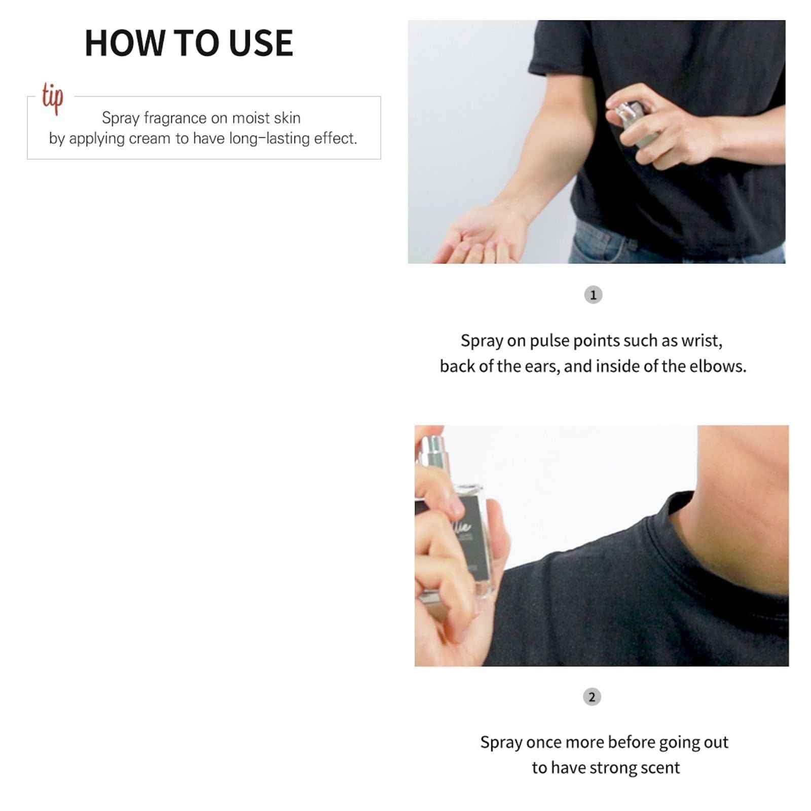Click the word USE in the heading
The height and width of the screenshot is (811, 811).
(x=261, y=43)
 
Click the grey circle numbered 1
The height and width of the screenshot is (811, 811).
(x=593, y=295)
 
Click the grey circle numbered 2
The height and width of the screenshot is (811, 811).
(x=592, y=697)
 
